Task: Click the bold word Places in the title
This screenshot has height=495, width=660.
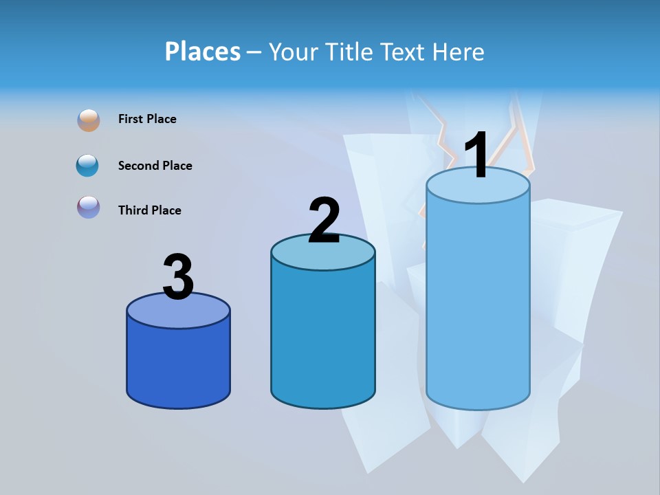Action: [202, 52]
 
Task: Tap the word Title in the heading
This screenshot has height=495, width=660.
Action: [348, 52]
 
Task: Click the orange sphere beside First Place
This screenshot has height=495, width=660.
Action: [89, 120]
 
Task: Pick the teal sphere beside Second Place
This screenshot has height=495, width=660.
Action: [88, 165]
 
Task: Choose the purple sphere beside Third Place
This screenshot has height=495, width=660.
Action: [89, 207]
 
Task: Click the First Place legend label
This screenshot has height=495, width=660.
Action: [147, 119]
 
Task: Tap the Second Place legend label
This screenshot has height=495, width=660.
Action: [155, 166]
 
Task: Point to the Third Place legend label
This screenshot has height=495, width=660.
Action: [149, 210]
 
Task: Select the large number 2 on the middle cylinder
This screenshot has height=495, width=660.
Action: [324, 221]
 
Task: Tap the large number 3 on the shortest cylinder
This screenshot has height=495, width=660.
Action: [179, 278]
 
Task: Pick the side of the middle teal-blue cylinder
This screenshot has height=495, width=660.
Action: [322, 337]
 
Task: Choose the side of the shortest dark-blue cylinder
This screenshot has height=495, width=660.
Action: [178, 364]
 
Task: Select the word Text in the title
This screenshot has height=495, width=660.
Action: [404, 52]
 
